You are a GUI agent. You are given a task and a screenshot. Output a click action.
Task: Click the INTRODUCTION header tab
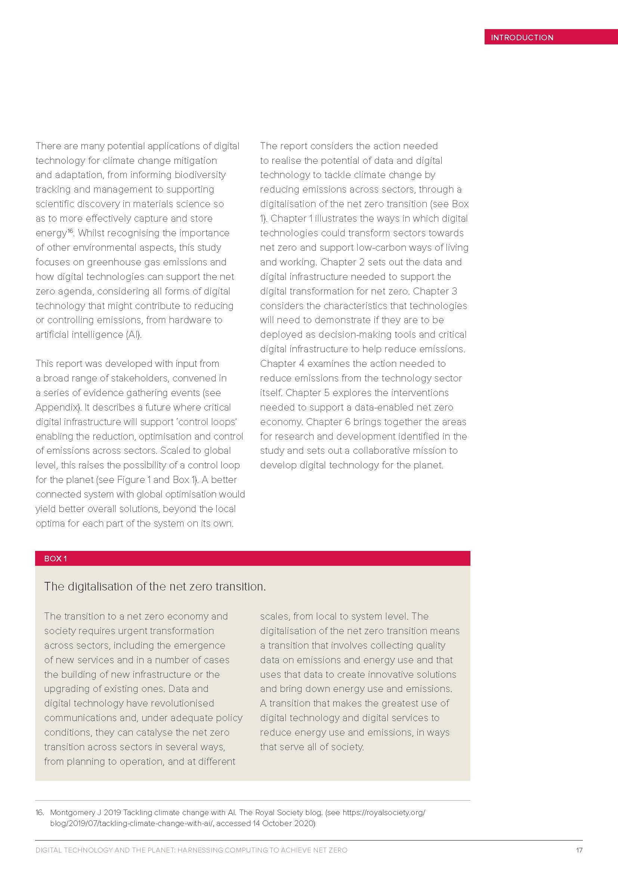522,37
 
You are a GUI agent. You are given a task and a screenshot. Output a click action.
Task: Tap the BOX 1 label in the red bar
55,559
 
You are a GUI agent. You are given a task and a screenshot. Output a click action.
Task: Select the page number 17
579,850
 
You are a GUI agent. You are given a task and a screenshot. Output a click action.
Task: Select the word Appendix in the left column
57,407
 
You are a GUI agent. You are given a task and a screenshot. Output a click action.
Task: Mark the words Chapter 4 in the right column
282,364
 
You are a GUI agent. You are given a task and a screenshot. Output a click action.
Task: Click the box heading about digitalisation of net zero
155,586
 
